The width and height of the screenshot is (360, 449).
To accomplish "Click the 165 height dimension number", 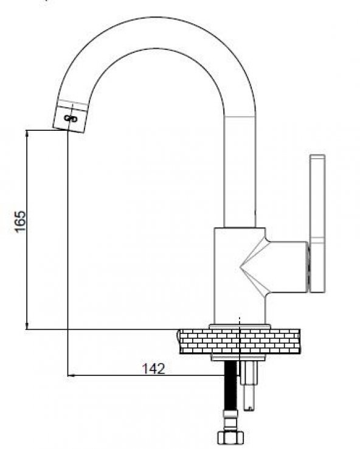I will point(19,221).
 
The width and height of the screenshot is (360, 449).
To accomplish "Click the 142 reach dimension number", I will point(153,369).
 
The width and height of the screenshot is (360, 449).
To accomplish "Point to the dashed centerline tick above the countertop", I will point(241,319).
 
